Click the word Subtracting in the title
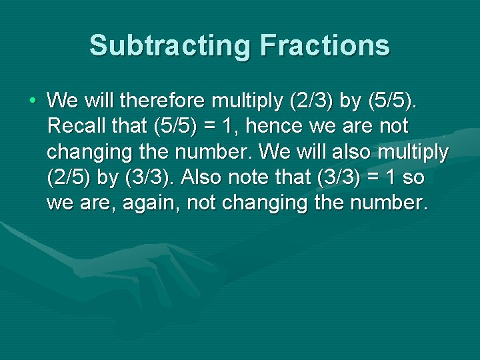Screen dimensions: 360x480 [169, 46]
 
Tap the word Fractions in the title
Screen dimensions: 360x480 [325, 46]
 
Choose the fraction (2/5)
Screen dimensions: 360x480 [73, 178]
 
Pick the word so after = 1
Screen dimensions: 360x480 [413, 178]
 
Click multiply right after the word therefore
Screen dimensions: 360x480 [247, 102]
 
